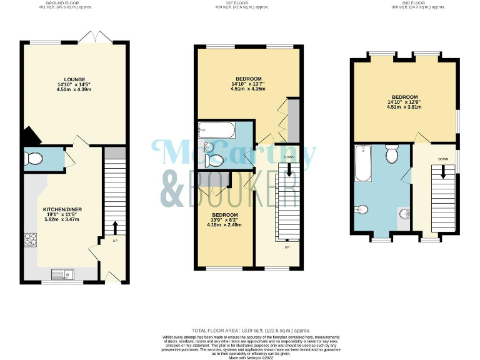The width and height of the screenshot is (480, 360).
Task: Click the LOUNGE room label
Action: click(74, 80)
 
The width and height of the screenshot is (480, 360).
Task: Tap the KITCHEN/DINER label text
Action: click(62, 209)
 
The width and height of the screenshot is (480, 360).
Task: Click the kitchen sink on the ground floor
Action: click(62, 272)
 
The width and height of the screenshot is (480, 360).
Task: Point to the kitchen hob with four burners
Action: click(31, 239)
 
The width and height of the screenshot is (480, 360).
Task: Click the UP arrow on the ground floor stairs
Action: click(115, 226)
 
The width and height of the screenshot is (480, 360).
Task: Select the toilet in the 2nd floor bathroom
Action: click(392, 154)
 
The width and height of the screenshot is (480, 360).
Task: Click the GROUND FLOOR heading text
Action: click(62, 3)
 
